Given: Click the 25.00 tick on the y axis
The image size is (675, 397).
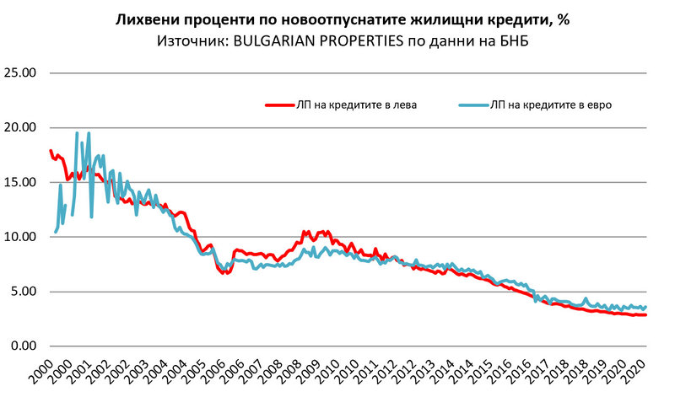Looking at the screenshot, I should (19, 72).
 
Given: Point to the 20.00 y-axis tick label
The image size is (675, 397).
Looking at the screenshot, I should (19, 127).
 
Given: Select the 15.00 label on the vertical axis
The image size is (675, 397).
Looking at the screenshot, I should (19, 182).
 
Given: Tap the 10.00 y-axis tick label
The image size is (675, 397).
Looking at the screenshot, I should (19, 237).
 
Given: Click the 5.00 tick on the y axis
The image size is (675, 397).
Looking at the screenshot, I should (22, 292).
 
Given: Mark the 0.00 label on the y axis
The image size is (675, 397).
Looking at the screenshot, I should (22, 346).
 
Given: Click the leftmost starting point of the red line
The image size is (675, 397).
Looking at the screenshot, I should (51, 151).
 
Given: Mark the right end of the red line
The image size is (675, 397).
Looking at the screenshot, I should (646, 314).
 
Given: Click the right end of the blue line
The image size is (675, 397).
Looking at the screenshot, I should (646, 307).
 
